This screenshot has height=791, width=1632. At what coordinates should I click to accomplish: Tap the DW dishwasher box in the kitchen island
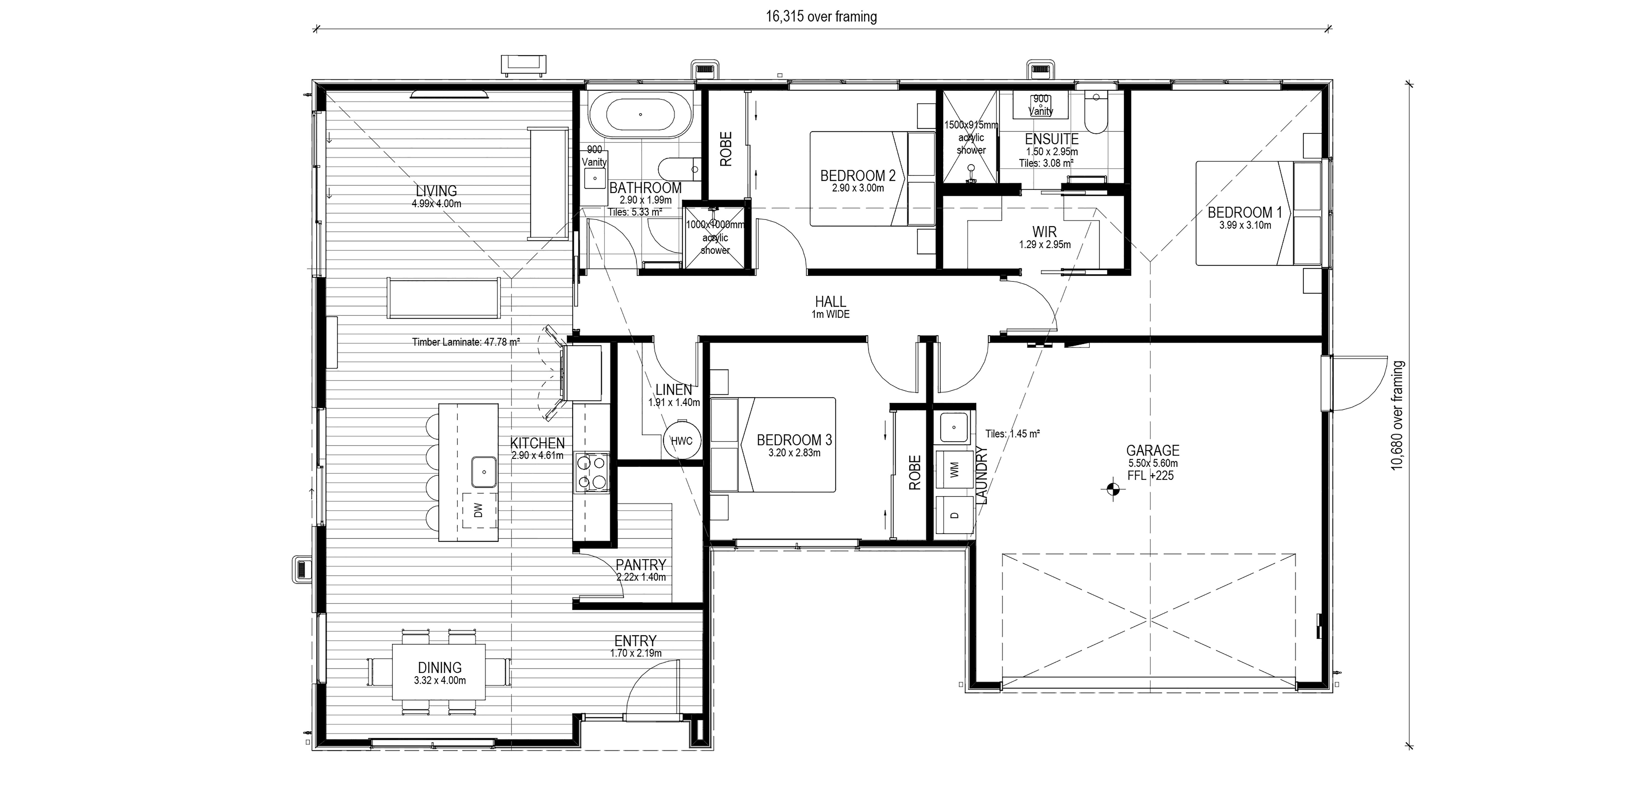(x=478, y=510)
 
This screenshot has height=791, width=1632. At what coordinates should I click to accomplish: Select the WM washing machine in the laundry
(x=955, y=469)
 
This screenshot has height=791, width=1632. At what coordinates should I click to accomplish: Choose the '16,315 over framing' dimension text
(x=821, y=17)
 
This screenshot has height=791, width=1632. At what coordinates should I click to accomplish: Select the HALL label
(x=830, y=302)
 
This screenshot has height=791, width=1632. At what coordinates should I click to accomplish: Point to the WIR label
(x=1044, y=232)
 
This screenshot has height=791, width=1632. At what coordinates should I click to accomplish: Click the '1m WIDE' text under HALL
(x=830, y=314)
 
